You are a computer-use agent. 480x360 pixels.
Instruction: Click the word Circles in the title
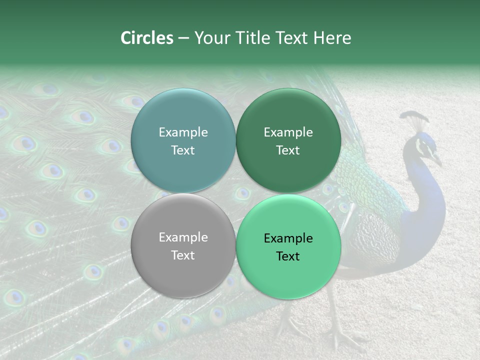pos(146,38)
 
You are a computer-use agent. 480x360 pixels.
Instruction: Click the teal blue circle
pos(183,140)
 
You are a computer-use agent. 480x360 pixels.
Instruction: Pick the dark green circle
pos(288,140)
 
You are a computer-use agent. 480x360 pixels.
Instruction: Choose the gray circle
pos(183,245)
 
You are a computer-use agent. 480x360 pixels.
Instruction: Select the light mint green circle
pos(288,246)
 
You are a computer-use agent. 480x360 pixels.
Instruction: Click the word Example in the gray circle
pos(183,237)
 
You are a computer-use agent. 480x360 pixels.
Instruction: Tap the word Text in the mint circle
pos(288,256)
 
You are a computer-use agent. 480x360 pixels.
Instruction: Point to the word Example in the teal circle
pos(183,132)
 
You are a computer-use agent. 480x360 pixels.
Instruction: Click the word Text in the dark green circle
pos(288,150)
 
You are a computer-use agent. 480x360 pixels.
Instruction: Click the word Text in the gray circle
pos(183,255)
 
